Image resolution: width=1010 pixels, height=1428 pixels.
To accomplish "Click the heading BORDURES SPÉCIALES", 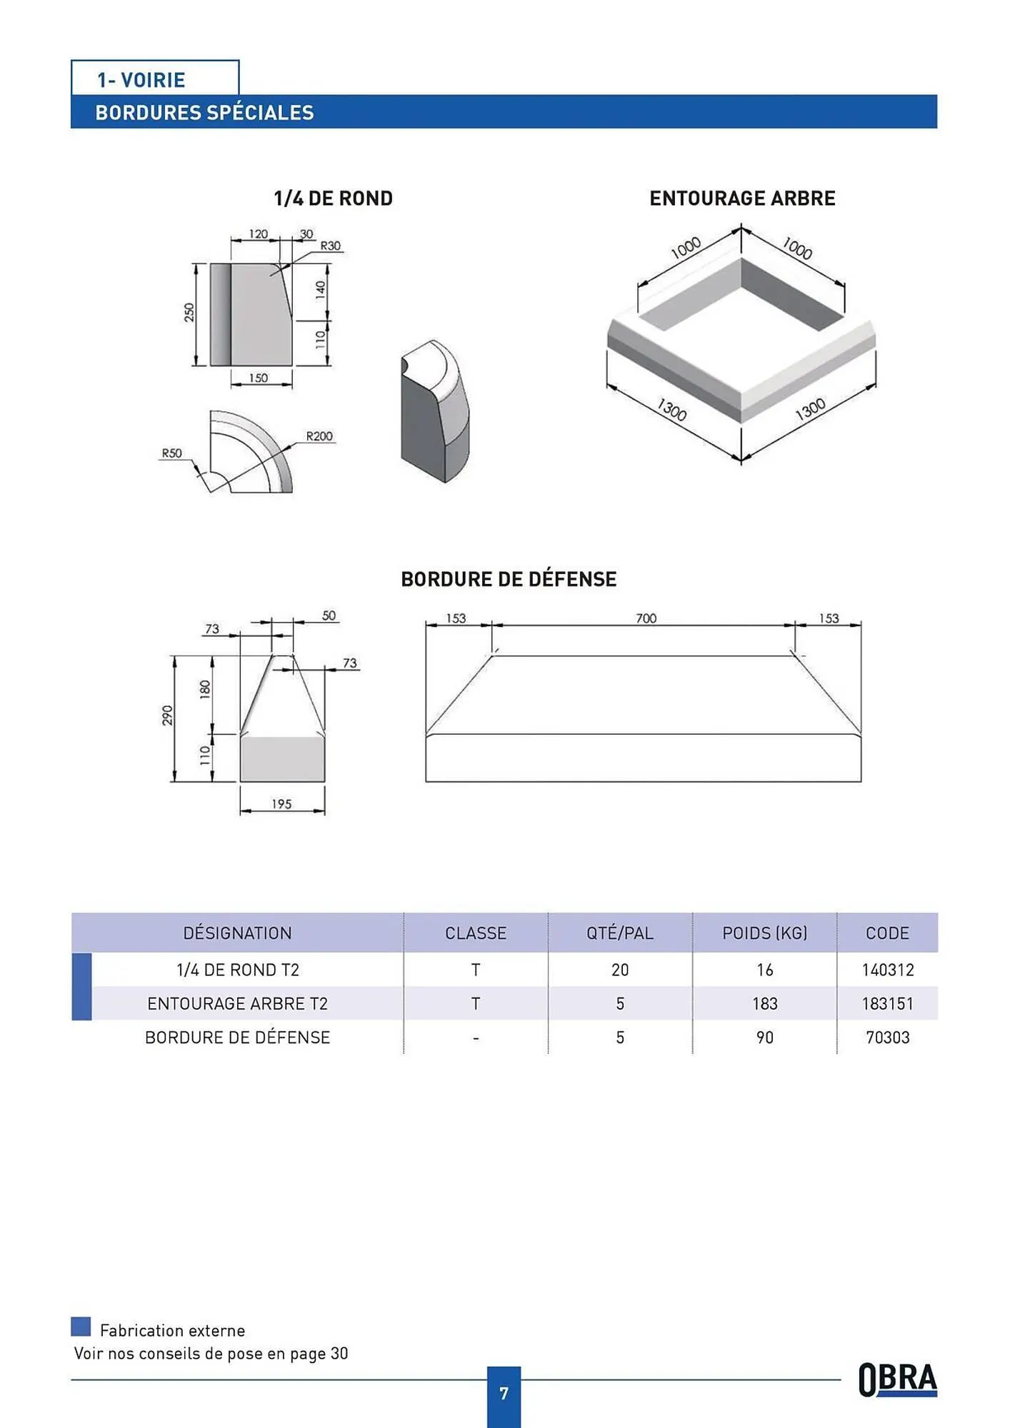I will pos(204,113).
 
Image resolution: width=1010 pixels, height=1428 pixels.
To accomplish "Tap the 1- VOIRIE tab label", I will pos(141,80).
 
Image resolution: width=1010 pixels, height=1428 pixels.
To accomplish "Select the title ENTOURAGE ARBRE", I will pos(742,198).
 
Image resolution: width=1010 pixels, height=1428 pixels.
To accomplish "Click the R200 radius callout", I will pos(319,436).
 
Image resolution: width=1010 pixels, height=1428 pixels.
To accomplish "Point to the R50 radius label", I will pos(171,453).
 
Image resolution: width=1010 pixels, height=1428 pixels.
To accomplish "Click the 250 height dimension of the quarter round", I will pos(189,312).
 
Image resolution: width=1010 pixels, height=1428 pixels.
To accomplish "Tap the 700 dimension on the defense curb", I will pos(646,618).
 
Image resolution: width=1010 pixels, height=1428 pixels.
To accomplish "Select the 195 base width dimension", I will pos(281,804).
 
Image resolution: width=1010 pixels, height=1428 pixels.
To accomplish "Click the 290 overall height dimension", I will pos(167,715).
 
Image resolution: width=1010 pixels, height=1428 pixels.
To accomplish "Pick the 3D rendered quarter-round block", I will pos(435,411).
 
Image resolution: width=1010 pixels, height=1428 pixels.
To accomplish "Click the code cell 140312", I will pos(887,970).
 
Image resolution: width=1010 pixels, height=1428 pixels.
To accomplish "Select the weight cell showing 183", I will pos(764,1004).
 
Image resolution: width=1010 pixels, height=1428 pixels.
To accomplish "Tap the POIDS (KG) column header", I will pos(764,933).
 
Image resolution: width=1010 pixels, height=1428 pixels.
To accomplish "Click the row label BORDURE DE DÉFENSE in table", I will pos(237,1037).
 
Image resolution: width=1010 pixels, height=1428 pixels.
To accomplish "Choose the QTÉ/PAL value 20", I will pos(619,970).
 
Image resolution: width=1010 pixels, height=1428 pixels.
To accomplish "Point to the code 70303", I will pos(887,1037).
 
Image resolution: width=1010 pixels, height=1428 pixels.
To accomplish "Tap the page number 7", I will pos(504,1393).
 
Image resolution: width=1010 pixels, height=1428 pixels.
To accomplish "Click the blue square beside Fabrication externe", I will pos(81,1327).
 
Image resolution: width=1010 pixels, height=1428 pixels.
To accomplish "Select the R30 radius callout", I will pos(330,246).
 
